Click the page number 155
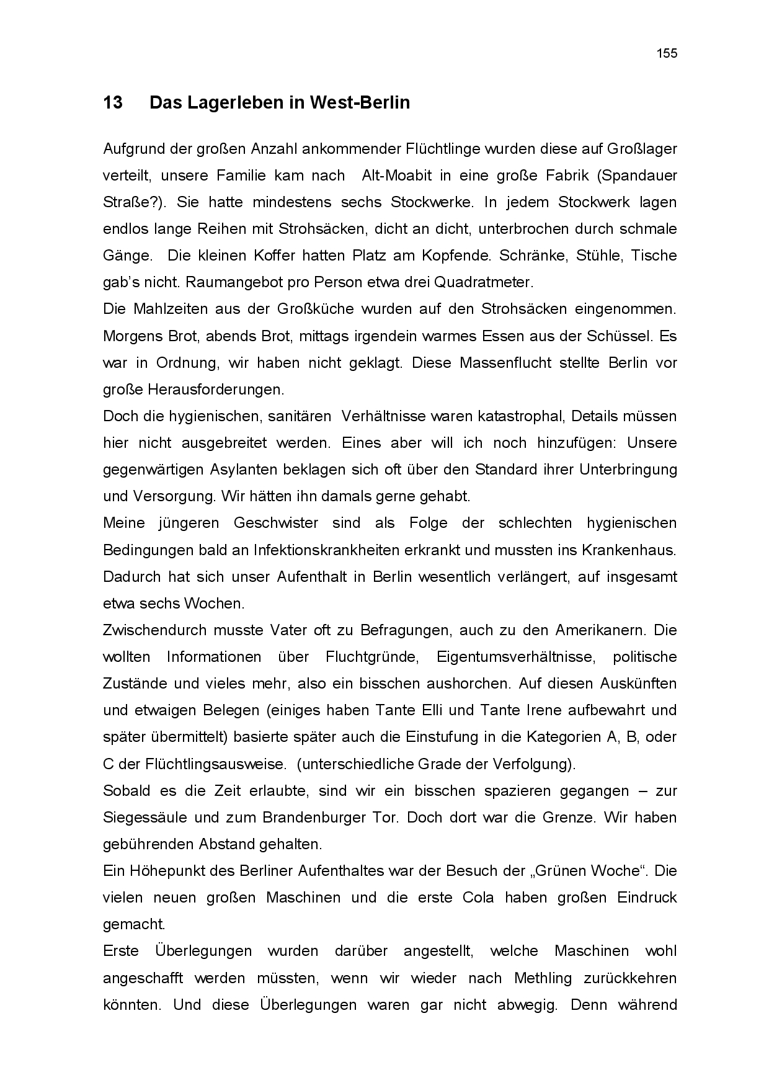pyautogui.click(x=667, y=53)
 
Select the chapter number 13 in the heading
pyautogui.click(x=113, y=102)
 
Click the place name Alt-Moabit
pyautogui.click(x=393, y=176)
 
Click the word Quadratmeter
pyautogui.click(x=483, y=283)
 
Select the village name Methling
pyautogui.click(x=543, y=978)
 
